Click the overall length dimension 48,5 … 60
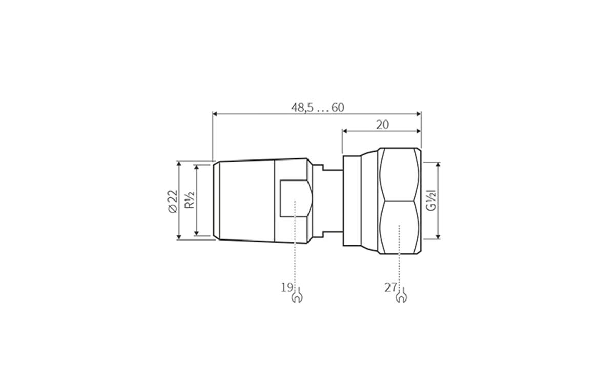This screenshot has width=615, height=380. (x=317, y=108)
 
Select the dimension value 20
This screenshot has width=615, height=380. (x=382, y=125)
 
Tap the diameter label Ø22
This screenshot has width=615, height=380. (x=172, y=199)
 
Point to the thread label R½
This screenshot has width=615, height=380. (x=189, y=201)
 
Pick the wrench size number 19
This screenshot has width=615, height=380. (x=286, y=287)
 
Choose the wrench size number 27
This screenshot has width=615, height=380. (x=391, y=287)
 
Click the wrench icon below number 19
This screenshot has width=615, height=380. (x=296, y=297)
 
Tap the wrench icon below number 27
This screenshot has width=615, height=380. (x=401, y=297)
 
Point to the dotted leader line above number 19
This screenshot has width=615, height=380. (x=296, y=246)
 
